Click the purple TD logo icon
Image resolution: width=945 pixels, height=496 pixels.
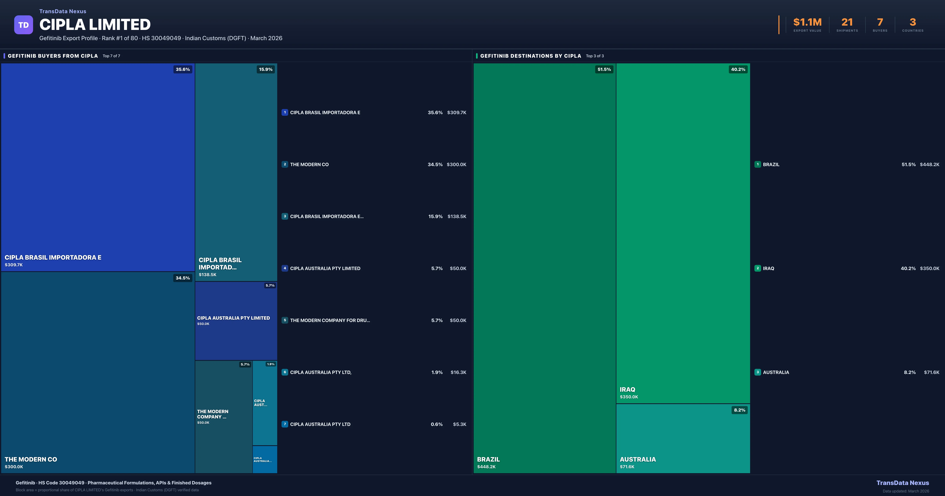pos(23,25)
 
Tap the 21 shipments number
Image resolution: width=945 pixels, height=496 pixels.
pos(847,22)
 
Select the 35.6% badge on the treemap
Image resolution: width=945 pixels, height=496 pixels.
pos(183,69)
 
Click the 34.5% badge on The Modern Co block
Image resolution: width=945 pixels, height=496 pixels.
pos(183,278)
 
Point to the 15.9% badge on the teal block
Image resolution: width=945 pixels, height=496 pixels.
pos(266,69)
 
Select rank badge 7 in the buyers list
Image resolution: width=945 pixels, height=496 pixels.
pos(285,424)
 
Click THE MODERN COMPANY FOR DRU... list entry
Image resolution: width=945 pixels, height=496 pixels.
pos(330,320)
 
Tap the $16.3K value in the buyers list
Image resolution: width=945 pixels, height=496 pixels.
pos(458,372)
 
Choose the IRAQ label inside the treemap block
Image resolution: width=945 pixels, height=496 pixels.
pos(627,390)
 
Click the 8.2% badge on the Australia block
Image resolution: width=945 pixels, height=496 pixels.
pos(740,410)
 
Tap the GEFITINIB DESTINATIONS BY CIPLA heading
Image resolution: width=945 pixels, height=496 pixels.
pos(530,56)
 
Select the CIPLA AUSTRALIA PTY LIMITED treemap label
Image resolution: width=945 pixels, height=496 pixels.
pos(233,318)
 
